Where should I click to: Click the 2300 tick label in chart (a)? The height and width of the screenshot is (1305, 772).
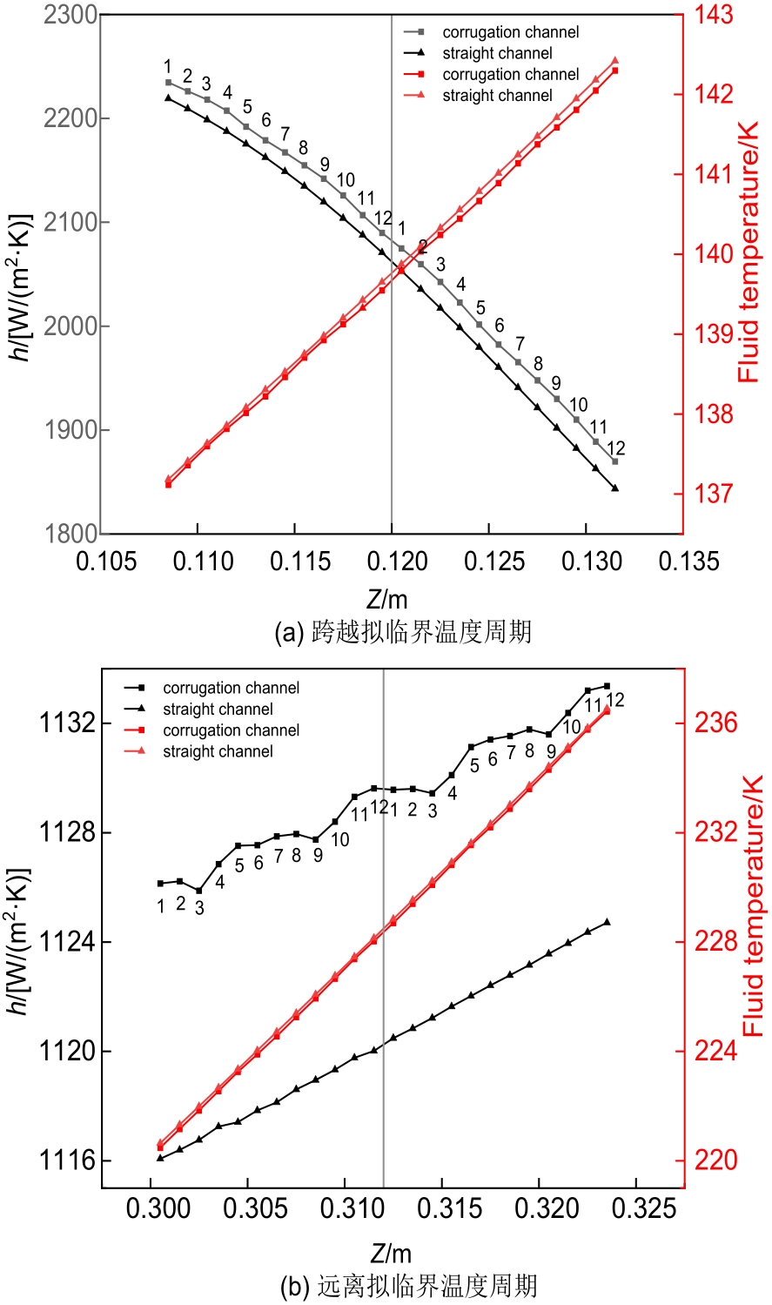[70, 15]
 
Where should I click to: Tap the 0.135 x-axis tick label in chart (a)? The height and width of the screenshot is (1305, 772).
[689, 562]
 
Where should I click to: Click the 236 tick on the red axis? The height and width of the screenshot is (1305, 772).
[715, 723]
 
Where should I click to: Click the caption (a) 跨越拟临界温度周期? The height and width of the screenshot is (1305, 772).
[402, 631]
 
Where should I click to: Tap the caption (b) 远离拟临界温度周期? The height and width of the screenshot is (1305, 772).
[409, 1286]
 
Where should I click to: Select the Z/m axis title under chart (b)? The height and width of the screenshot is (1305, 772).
[391, 1254]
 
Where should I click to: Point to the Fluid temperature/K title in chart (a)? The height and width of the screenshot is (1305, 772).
[749, 252]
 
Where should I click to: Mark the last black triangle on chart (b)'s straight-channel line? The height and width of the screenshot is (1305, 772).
[607, 922]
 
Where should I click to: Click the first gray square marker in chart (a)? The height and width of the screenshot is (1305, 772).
[169, 83]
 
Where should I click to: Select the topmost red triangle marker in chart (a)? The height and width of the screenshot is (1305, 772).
[614, 61]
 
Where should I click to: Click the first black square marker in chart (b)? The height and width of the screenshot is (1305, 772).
[160, 884]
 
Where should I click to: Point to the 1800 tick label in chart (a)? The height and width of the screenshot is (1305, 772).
[70, 534]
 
